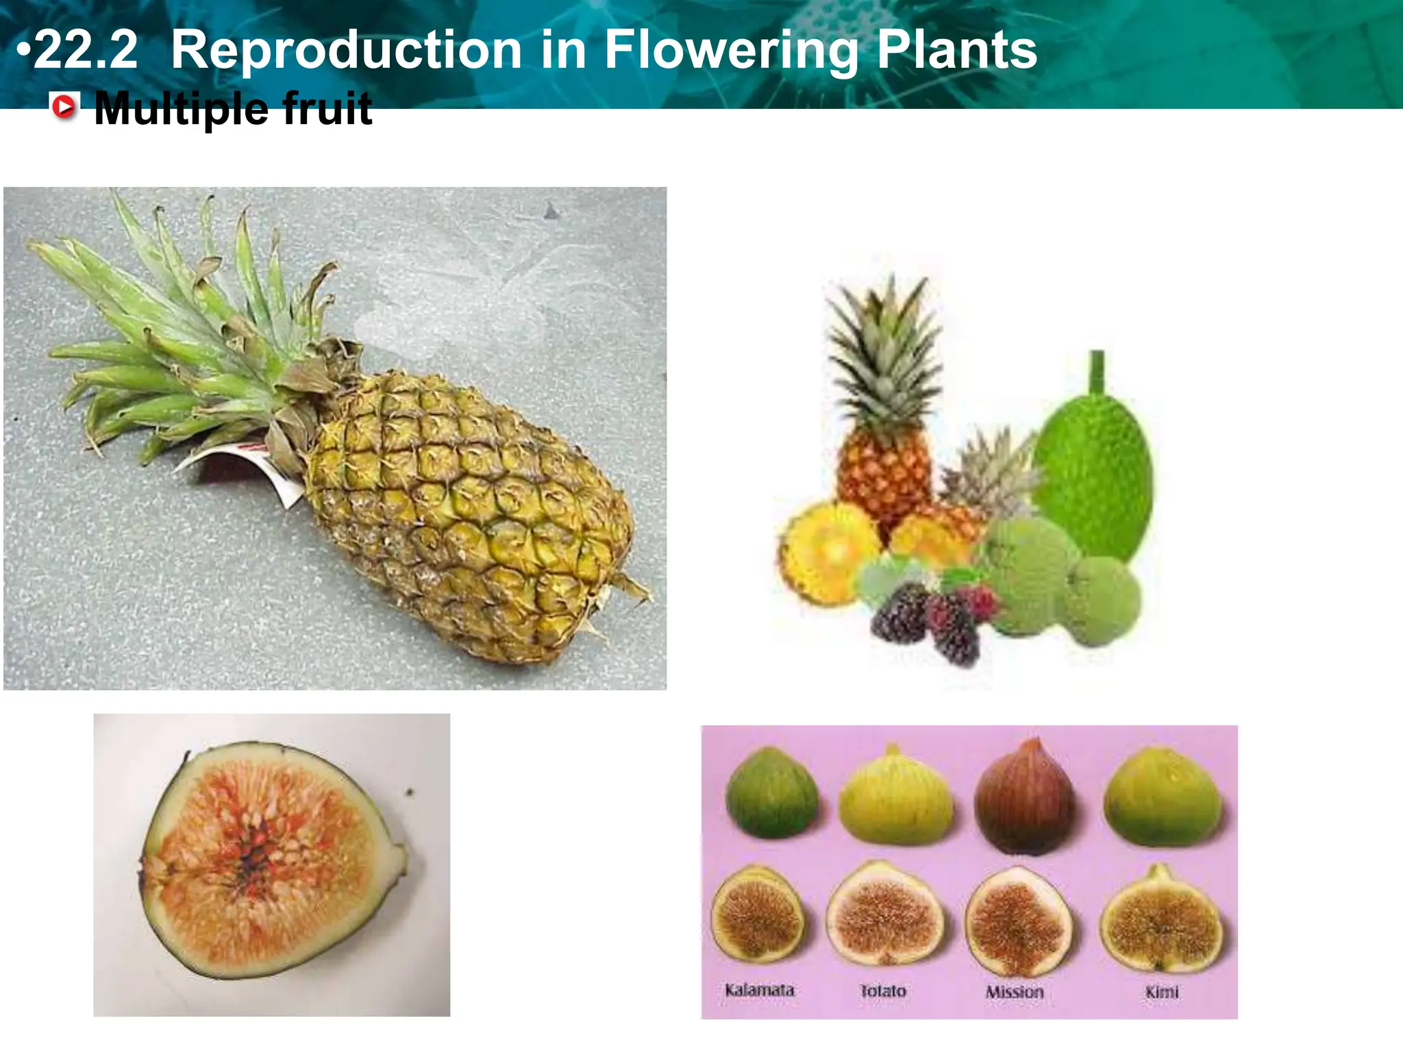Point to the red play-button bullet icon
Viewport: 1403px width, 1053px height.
[x=64, y=108]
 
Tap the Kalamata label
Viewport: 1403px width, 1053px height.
[x=759, y=990]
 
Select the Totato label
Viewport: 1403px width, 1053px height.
[x=883, y=991]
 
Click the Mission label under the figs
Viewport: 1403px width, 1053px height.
[x=1015, y=992]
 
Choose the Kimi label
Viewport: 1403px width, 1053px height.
[x=1162, y=992]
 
